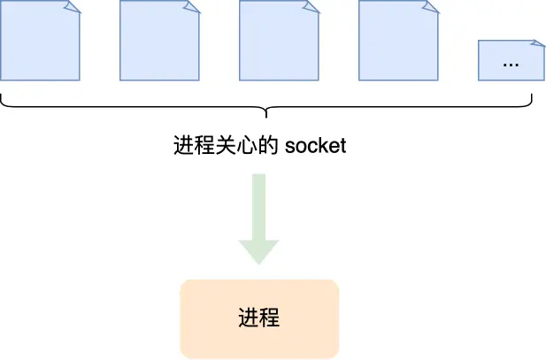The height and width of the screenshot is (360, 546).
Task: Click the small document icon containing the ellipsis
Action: tap(511, 60)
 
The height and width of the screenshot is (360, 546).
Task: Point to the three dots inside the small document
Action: tap(511, 64)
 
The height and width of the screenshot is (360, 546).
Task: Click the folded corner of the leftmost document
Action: tap(73, 6)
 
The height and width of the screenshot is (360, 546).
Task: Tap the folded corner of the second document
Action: tap(192, 6)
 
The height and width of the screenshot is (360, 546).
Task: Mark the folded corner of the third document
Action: tap(311, 6)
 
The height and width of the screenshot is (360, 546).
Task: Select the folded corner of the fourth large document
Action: tap(431, 6)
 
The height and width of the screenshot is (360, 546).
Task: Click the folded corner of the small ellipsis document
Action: tap(537, 44)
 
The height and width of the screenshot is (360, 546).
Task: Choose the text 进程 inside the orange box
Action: tap(259, 318)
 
